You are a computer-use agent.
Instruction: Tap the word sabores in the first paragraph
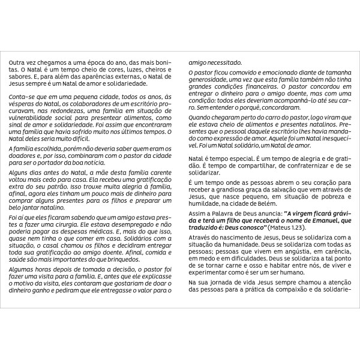point(20,77)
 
